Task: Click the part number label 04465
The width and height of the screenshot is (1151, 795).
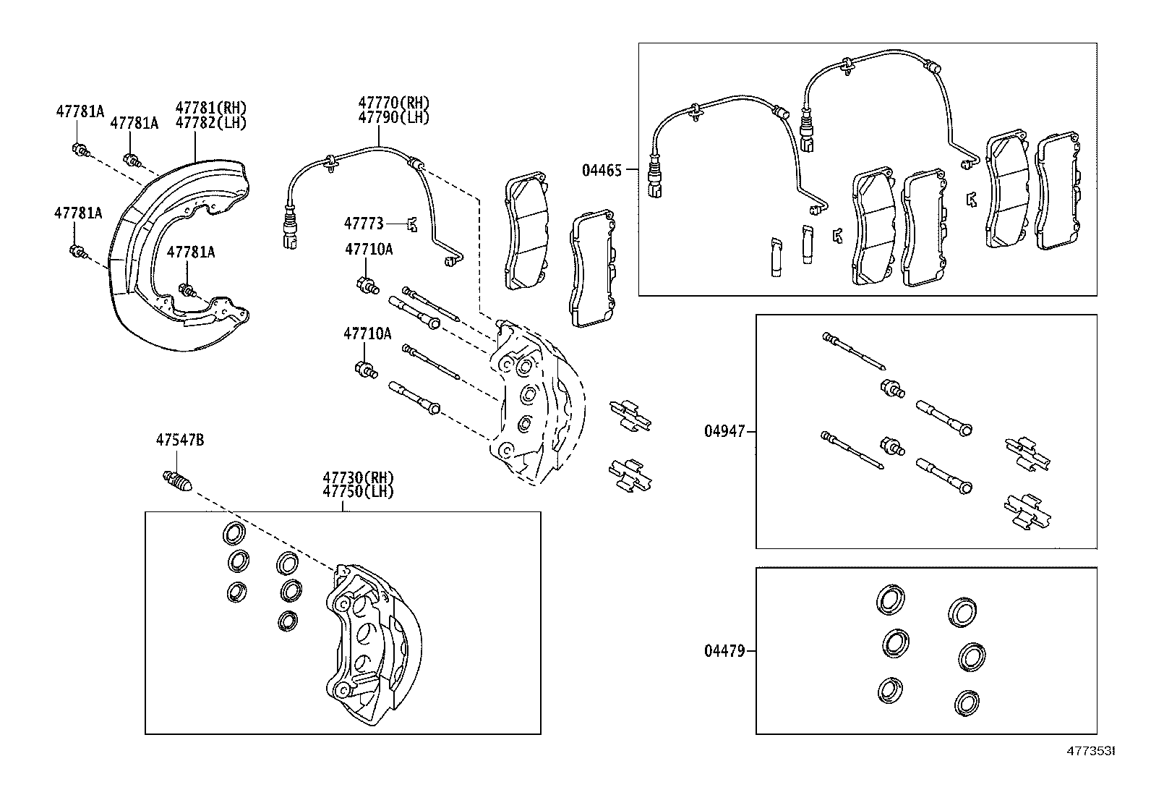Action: pyautogui.click(x=602, y=171)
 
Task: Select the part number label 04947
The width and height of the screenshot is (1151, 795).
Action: pyautogui.click(x=724, y=432)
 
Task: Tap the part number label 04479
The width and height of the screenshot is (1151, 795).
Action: pyautogui.click(x=724, y=651)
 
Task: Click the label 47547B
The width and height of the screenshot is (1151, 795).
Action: pyautogui.click(x=180, y=440)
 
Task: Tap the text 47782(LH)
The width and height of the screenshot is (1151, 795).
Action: pyautogui.click(x=211, y=123)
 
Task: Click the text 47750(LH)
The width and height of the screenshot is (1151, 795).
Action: pyautogui.click(x=358, y=491)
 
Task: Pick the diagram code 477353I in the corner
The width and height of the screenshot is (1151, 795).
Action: pyautogui.click(x=1092, y=752)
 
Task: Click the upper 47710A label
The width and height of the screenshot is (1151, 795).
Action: pyautogui.click(x=368, y=250)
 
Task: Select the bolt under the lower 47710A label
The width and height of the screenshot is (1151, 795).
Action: pyautogui.click(x=367, y=371)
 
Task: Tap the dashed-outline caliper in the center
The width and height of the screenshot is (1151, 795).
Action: pyautogui.click(x=535, y=405)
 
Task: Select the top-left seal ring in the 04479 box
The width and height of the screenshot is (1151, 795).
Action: pyautogui.click(x=889, y=599)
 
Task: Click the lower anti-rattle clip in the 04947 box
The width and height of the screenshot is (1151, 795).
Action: pyautogui.click(x=1027, y=511)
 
